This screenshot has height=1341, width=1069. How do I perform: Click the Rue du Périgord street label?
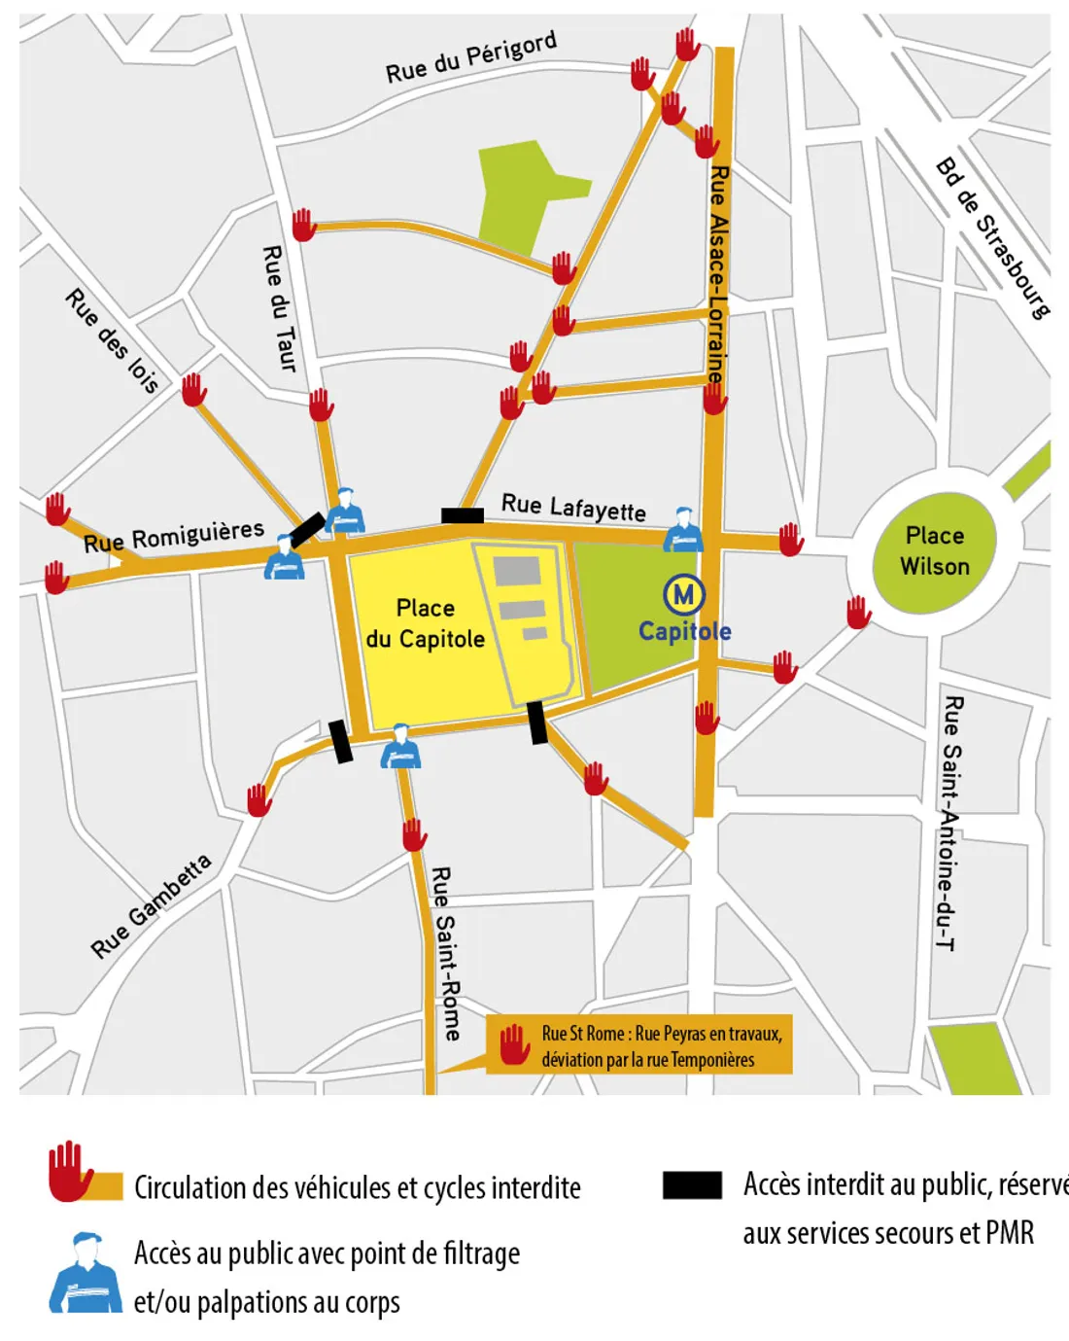click(470, 57)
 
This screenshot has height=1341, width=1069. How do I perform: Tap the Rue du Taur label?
click(279, 308)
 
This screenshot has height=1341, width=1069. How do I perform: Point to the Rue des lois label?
click(113, 340)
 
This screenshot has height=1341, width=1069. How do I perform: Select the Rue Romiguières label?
click(174, 536)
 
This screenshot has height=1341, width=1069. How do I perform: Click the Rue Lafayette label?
click(573, 507)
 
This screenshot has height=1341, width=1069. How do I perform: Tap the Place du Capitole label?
click(426, 623)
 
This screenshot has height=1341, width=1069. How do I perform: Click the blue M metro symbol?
click(684, 593)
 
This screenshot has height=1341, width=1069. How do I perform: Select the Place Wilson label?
click(935, 550)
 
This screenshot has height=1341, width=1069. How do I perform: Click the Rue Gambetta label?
click(151, 906)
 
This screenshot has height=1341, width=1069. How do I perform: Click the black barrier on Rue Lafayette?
click(463, 515)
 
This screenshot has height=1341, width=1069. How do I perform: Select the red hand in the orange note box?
click(514, 1044)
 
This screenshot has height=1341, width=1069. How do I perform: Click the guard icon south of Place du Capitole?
click(400, 747)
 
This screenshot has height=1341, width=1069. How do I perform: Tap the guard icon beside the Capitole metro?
click(683, 530)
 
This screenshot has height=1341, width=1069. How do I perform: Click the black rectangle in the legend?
click(692, 1184)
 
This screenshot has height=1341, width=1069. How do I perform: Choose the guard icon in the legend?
click(86, 1273)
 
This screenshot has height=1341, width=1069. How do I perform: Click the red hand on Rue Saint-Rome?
click(415, 834)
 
